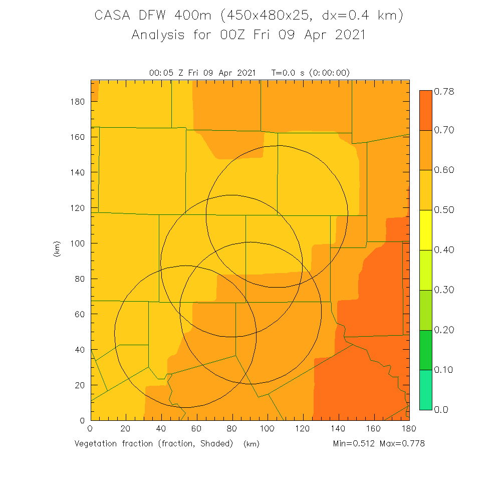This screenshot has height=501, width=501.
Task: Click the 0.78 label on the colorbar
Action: click(x=443, y=91)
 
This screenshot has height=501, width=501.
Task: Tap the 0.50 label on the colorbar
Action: click(x=443, y=209)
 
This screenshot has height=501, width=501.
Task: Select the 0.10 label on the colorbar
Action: click(x=443, y=370)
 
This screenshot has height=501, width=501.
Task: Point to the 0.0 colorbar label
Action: click(x=441, y=409)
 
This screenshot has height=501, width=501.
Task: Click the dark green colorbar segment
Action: click(x=425, y=350)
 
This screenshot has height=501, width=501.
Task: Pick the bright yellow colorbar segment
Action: click(x=425, y=230)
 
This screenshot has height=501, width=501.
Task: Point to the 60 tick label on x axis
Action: click(x=196, y=429)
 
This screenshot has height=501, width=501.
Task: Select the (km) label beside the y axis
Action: click(x=57, y=249)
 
